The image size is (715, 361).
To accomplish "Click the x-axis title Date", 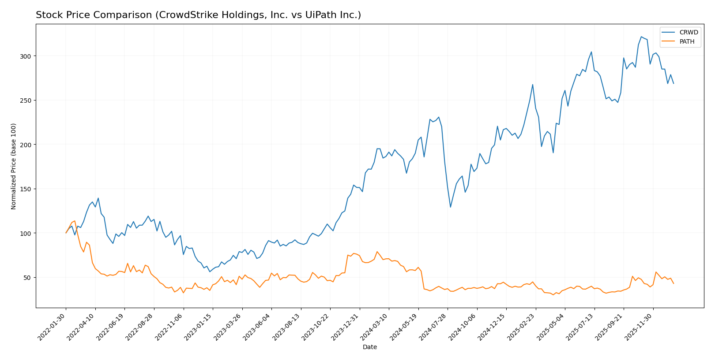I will coord(369,347).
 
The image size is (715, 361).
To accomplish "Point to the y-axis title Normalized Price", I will coord(14,166).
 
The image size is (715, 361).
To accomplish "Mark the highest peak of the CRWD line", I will coord(641,37).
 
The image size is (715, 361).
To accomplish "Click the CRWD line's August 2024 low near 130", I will coord(450,207).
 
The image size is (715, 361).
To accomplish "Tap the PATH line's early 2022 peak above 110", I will coord(75,221).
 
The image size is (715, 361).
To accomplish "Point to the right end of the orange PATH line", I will coord(674,283).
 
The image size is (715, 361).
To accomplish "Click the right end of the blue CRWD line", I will coord(674,83).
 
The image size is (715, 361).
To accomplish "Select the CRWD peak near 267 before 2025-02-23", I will coord(533,85).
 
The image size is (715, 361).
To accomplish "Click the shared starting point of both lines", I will coord(66,233).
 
